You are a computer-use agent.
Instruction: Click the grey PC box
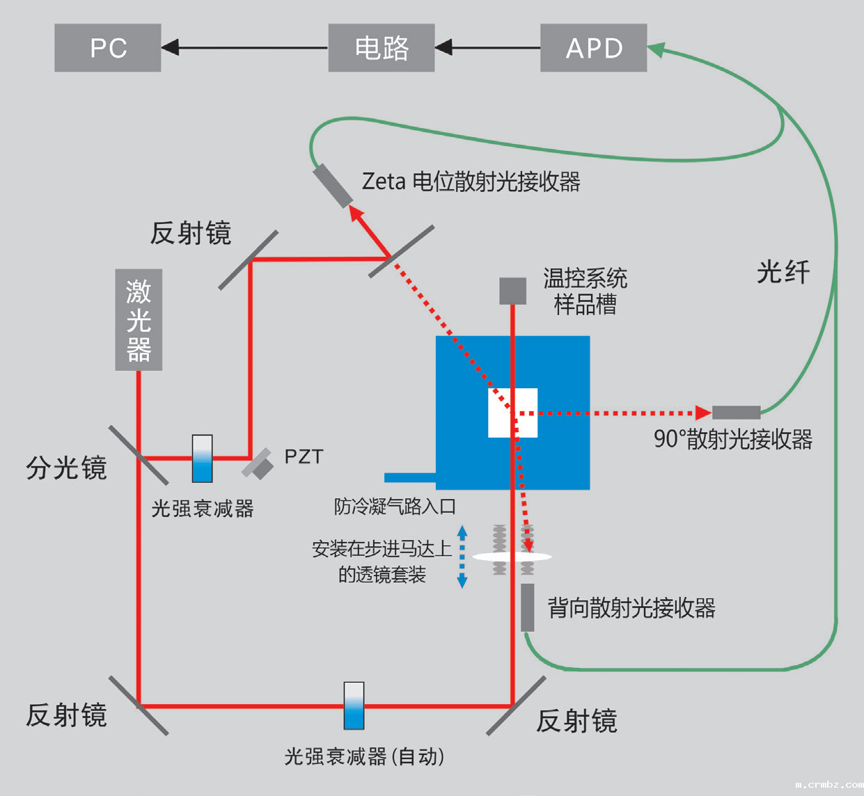click(x=108, y=48)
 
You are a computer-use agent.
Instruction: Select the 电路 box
click(x=382, y=48)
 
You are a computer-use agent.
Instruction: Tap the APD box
click(x=593, y=48)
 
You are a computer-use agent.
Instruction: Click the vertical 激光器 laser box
click(x=139, y=319)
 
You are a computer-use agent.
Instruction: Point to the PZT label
click(x=304, y=456)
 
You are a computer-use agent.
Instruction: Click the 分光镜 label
click(x=66, y=468)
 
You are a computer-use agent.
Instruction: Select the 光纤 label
click(x=783, y=272)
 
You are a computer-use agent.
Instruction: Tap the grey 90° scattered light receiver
click(x=736, y=412)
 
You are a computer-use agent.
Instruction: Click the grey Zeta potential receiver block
click(x=333, y=185)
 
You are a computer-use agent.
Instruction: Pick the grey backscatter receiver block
click(x=528, y=607)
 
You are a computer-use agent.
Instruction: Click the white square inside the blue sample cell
click(x=512, y=413)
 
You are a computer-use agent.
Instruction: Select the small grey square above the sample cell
click(x=512, y=291)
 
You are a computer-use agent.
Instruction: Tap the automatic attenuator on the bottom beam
click(x=354, y=706)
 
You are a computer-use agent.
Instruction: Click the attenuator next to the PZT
click(x=203, y=459)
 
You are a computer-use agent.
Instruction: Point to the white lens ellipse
click(x=512, y=557)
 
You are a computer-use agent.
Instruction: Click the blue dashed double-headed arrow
click(x=462, y=557)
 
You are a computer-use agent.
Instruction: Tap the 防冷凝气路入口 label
click(x=395, y=506)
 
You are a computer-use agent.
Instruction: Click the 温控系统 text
click(x=585, y=278)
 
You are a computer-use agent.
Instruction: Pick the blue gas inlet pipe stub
click(x=410, y=477)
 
